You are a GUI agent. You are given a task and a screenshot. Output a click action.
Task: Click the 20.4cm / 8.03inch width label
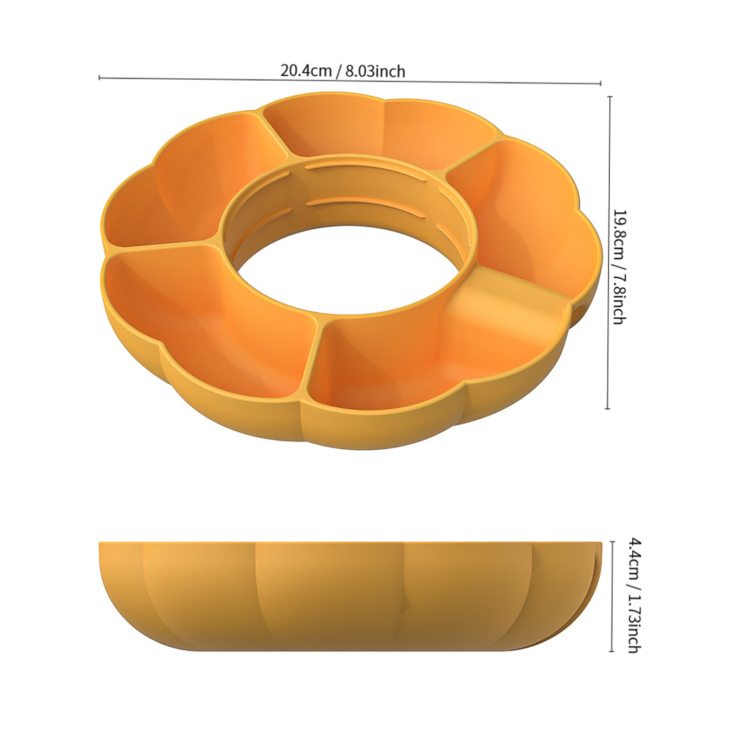(x=343, y=71)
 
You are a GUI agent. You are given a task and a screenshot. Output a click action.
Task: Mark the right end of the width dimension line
(x=601, y=83)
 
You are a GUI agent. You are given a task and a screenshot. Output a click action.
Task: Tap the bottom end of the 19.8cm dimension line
(x=607, y=409)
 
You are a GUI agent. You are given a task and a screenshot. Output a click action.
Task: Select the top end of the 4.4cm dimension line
(x=612, y=542)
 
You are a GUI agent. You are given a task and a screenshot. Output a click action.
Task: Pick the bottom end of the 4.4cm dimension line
(x=612, y=651)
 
